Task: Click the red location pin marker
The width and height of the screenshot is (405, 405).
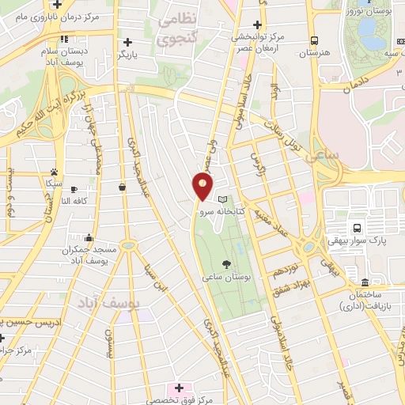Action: [202, 185]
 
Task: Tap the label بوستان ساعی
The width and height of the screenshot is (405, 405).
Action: [227, 277]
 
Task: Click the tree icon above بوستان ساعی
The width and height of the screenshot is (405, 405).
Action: [227, 263]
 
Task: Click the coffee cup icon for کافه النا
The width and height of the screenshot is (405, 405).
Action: [74, 191]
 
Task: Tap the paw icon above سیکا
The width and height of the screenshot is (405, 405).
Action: [54, 172]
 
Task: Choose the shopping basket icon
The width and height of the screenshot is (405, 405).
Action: [122, 187]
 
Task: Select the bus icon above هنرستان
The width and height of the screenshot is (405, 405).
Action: [315, 40]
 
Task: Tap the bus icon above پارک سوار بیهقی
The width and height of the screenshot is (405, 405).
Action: [357, 228]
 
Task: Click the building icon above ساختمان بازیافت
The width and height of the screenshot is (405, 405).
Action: [365, 282]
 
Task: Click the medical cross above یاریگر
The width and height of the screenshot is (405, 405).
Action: [127, 42]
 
